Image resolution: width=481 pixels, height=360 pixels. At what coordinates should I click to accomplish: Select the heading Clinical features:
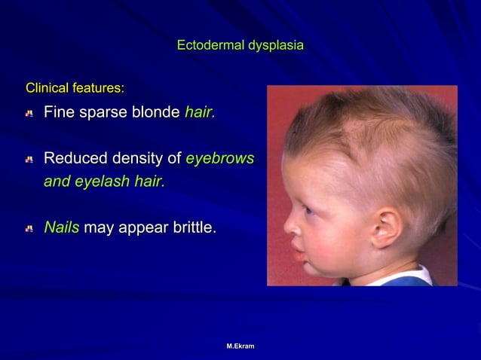pos(75,88)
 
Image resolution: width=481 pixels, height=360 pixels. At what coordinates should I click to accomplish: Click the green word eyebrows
pos(219,159)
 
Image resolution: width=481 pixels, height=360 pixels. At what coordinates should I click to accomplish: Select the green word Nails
pos(61,227)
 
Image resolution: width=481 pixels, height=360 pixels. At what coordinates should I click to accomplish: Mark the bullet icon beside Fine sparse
pos(29,114)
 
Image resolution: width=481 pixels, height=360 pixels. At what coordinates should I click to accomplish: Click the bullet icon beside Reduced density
pos(29,160)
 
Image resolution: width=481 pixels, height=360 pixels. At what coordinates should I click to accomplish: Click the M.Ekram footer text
pos(240,346)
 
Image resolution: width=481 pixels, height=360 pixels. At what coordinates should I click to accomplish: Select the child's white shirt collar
pos(407,276)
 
